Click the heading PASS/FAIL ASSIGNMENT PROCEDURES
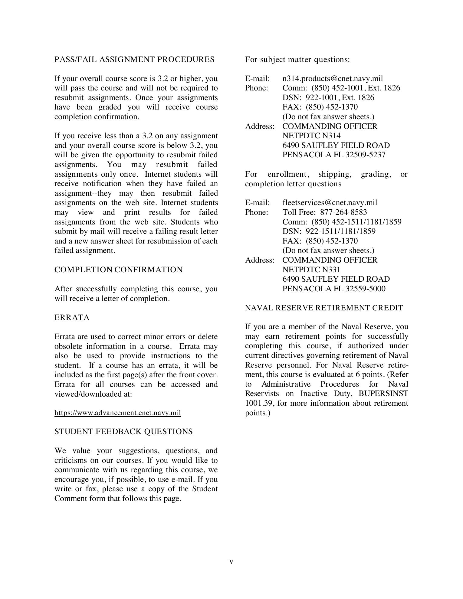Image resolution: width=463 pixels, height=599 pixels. point(134,59)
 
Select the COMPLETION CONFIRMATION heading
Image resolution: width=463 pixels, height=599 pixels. point(118,270)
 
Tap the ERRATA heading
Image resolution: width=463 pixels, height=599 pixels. point(72,317)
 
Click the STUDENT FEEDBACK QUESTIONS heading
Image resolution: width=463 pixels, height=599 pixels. point(123,431)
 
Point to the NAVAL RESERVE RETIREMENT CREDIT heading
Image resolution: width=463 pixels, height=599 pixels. point(324,308)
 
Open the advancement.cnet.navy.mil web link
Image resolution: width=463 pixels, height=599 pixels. point(117,413)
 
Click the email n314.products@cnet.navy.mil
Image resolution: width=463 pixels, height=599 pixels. point(332,79)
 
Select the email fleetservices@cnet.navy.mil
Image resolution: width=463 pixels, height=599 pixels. point(330,203)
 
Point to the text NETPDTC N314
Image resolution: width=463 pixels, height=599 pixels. point(311,136)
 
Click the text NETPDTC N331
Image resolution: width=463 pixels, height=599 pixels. point(311,270)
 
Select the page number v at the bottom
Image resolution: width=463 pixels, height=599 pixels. point(231,562)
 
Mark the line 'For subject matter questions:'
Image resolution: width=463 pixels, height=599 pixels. point(297,59)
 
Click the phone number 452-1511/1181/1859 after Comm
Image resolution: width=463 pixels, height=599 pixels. point(366,222)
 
